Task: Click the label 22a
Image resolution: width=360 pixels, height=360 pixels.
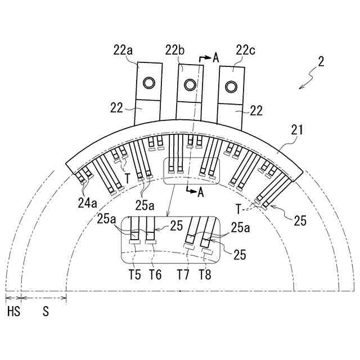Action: (123, 51)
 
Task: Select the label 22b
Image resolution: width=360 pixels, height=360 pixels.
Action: (175, 51)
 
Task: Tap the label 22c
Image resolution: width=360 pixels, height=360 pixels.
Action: (245, 50)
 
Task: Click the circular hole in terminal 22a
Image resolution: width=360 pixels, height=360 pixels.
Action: (149, 83)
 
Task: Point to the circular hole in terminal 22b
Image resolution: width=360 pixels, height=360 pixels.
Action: (190, 85)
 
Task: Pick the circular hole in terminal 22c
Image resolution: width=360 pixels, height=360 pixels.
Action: (231, 87)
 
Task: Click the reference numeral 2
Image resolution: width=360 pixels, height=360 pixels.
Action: (321, 61)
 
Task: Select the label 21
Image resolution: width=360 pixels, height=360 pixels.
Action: (297, 130)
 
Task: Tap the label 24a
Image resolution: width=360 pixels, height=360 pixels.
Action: (88, 203)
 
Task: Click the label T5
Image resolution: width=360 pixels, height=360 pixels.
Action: (135, 274)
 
